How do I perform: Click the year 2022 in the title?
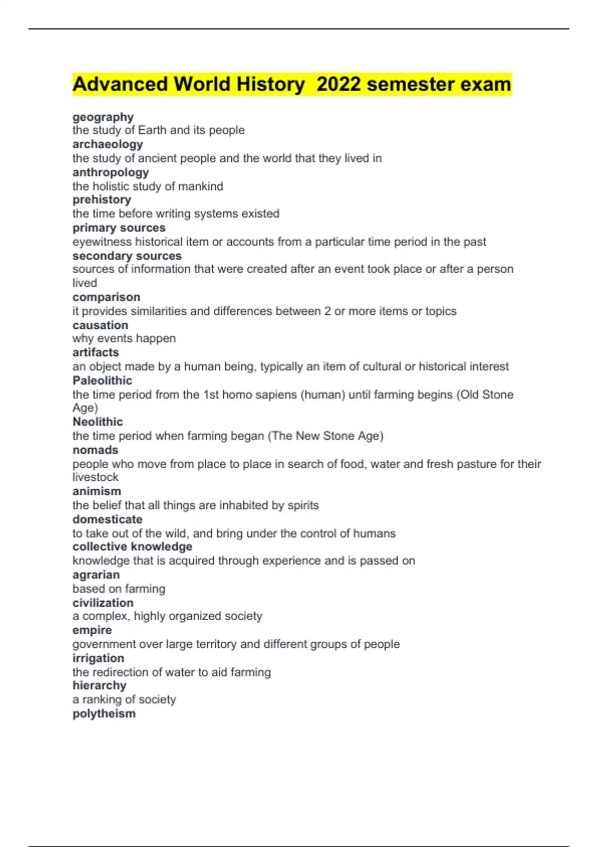click(x=338, y=84)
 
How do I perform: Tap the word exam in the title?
click(x=485, y=84)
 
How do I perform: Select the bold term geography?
click(x=103, y=117)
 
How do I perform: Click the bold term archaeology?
click(x=108, y=144)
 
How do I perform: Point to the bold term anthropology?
click(x=111, y=172)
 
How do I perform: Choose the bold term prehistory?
click(x=102, y=200)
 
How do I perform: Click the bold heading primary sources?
click(x=119, y=228)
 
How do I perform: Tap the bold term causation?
click(x=100, y=325)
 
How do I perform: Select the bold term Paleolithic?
click(x=102, y=381)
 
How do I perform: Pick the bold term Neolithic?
click(x=98, y=422)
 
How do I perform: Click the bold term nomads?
click(x=95, y=450)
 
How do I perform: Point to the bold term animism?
click(x=97, y=491)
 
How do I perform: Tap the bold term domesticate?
click(x=107, y=519)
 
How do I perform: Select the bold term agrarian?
click(x=96, y=574)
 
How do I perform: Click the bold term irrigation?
click(x=98, y=658)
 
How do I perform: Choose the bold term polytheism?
click(x=104, y=713)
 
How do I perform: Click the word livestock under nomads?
click(x=95, y=477)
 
